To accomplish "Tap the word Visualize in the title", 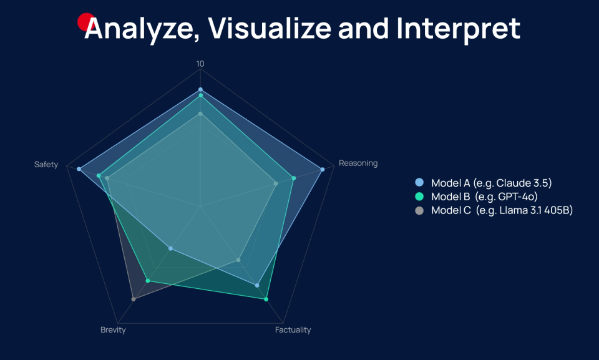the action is [x=270, y=28].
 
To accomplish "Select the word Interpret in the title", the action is [x=459, y=29].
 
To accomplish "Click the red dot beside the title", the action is [x=85, y=22].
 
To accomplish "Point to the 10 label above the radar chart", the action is [x=200, y=64].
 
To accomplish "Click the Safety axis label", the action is [x=46, y=165].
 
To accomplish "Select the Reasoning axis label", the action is [x=358, y=163].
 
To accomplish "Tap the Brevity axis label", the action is [x=113, y=330].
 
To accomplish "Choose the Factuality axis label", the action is [x=293, y=330].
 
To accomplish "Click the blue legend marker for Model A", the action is [x=419, y=182].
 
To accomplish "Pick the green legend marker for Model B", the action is [x=419, y=197].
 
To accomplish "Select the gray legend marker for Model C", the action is [x=419, y=210].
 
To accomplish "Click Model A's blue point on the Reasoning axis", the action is [x=323, y=169].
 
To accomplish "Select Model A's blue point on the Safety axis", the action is [x=79, y=169].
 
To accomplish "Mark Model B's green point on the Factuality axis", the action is [x=266, y=299].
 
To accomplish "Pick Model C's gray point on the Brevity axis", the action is [x=134, y=299].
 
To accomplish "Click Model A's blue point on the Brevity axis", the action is [x=171, y=249].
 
